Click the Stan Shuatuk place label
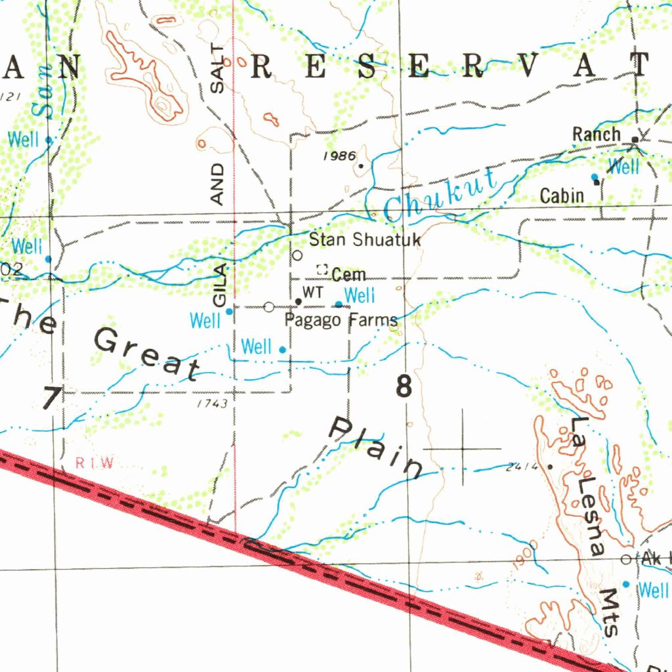click(364, 240)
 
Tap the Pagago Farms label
click(341, 320)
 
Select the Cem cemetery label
click(348, 274)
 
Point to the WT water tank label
click(313, 293)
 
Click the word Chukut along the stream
click(441, 195)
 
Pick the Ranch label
click(596, 135)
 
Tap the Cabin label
click(562, 195)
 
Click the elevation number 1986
click(339, 156)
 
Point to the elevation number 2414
click(522, 467)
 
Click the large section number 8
click(404, 387)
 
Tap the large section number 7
click(51, 398)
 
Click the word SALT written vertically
click(219, 69)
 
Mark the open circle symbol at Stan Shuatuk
click(297, 255)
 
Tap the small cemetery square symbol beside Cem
click(322, 268)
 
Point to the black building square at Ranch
click(635, 139)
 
